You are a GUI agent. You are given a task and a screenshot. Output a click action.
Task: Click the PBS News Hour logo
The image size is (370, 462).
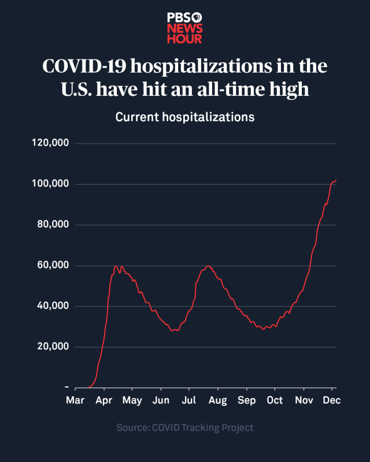pyautogui.click(x=185, y=28)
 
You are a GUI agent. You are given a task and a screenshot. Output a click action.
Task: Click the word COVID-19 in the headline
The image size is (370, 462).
pyautogui.click(x=84, y=66)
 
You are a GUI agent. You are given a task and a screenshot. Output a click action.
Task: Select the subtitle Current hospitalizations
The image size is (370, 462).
pyautogui.click(x=185, y=117)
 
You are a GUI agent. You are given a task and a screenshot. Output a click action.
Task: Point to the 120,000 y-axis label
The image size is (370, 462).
pyautogui.click(x=50, y=143)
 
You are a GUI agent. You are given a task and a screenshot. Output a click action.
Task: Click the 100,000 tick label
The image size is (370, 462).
pyautogui.click(x=50, y=184)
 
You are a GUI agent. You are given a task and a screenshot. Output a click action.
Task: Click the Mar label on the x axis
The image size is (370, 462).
pyautogui.click(x=75, y=400)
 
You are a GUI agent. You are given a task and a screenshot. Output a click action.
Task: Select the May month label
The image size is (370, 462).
pyautogui.click(x=132, y=400)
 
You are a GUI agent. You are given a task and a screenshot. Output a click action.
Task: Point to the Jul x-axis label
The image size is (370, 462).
pyautogui.click(x=188, y=400)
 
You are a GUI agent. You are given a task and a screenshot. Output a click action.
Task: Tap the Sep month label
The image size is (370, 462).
pyautogui.click(x=247, y=400)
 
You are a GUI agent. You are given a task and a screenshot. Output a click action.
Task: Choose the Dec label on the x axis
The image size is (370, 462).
pyautogui.click(x=331, y=400)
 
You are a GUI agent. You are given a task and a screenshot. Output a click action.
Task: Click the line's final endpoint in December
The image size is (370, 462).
pyautogui.click(x=336, y=180)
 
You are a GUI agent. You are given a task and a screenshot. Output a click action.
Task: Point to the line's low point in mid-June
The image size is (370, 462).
pyautogui.click(x=173, y=331)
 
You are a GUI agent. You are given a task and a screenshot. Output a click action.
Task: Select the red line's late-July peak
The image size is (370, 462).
pyautogui.click(x=208, y=266)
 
